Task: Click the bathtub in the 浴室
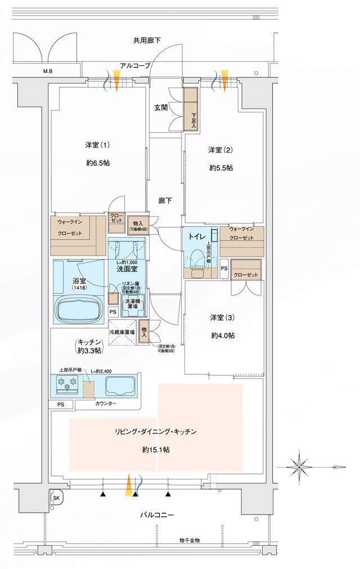point(78,308)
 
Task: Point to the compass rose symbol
point(299,465)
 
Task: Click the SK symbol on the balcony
point(55,498)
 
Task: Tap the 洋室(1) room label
point(97,145)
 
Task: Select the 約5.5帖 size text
point(220,168)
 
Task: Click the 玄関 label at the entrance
point(161,108)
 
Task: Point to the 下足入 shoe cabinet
point(192,110)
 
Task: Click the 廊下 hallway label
point(165,200)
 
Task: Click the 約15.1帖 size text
point(156,450)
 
